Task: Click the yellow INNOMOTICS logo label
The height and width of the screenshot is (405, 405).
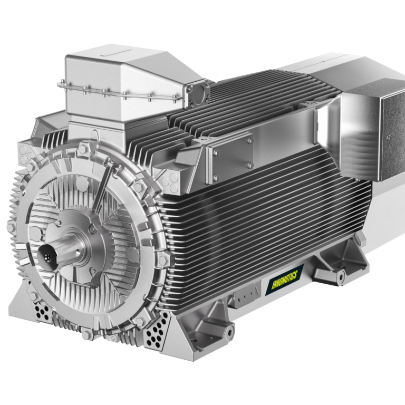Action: click(x=284, y=279)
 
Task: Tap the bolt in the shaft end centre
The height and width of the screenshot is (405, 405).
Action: click(x=47, y=257)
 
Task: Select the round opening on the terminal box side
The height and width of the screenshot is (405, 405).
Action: click(x=199, y=93)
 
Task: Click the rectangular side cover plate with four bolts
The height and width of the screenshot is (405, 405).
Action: click(x=230, y=158)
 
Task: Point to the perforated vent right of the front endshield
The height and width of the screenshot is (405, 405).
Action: click(x=156, y=330)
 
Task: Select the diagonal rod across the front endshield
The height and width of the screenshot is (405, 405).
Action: click(x=104, y=188)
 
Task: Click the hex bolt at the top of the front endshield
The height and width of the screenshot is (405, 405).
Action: click(x=82, y=149)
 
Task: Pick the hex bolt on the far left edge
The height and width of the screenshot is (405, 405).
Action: click(x=11, y=228)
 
